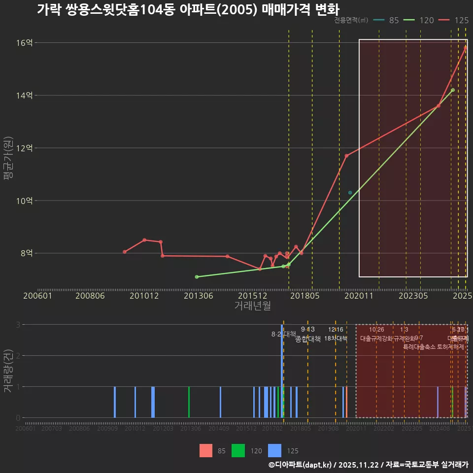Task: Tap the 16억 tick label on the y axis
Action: tap(24, 43)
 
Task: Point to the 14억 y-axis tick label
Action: tap(24, 95)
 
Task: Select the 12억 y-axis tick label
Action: tap(24, 148)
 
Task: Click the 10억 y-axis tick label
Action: tap(24, 201)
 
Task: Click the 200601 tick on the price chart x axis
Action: tap(38, 296)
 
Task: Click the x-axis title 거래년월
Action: tap(252, 306)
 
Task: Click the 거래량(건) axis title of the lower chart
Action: tap(8, 371)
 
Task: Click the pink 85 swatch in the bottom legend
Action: tap(206, 450)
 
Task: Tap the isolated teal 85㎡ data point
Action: tap(350, 193)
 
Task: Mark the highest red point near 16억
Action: tap(466, 47)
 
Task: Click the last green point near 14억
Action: tap(453, 90)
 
